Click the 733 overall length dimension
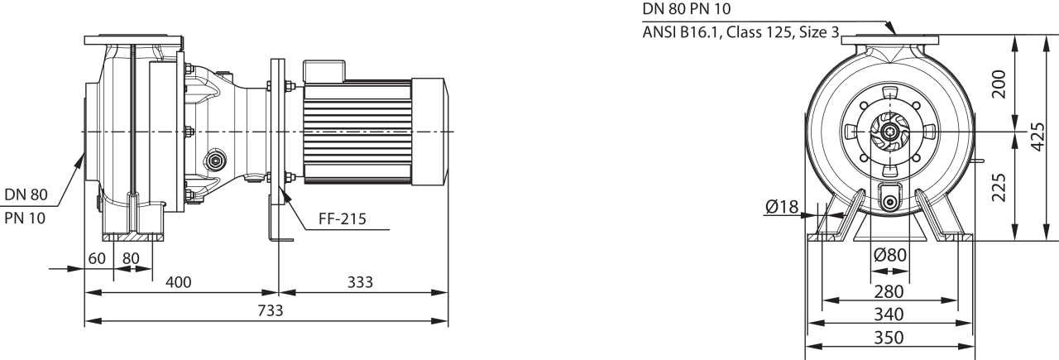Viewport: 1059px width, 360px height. tap(271, 310)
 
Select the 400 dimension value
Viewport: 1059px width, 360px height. tap(178, 282)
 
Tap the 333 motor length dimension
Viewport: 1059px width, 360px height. tap(360, 282)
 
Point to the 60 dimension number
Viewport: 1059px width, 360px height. tap(97, 258)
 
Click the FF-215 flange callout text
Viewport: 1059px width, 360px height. tap(343, 218)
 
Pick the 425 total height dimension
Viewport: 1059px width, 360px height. tap(1038, 137)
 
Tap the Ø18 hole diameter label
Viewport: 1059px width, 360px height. tap(782, 207)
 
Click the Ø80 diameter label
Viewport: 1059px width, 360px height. tap(890, 256)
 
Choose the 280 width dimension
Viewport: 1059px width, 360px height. tap(889, 291)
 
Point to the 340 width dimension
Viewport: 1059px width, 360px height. tap(889, 314)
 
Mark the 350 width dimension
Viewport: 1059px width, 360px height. tap(889, 338)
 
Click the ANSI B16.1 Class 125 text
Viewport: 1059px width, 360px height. tap(740, 32)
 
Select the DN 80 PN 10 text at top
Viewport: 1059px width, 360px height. tap(687, 8)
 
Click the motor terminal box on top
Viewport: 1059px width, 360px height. tap(323, 70)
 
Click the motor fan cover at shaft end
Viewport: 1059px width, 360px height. tap(429, 132)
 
